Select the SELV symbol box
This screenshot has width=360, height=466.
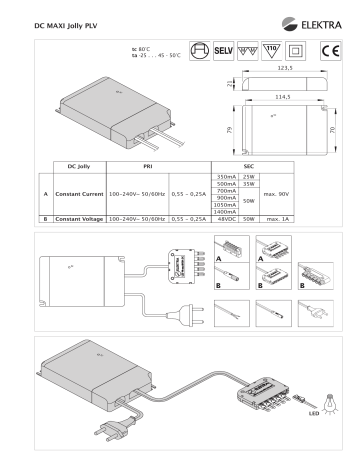click(224, 50)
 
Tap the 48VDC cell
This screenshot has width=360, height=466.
click(226, 217)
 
